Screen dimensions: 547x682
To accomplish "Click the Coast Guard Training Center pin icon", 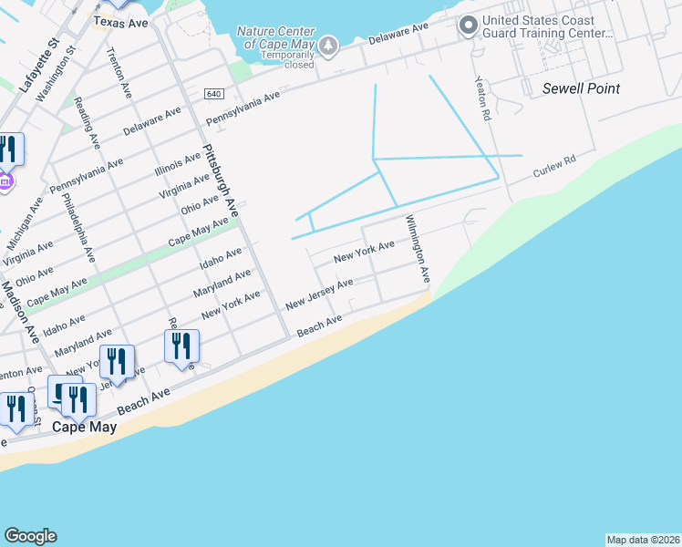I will pyautogui.click(x=469, y=26).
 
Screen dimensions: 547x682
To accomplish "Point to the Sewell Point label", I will pyautogui.click(x=581, y=88).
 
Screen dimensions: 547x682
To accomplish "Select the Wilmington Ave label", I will pyautogui.click(x=418, y=248).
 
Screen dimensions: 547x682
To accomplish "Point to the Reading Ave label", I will pyautogui.click(x=88, y=123).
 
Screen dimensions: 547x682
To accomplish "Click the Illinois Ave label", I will pyautogui.click(x=178, y=163).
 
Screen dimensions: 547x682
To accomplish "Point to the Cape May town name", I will pyautogui.click(x=84, y=427).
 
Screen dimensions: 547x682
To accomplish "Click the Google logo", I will pyautogui.click(x=30, y=536).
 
